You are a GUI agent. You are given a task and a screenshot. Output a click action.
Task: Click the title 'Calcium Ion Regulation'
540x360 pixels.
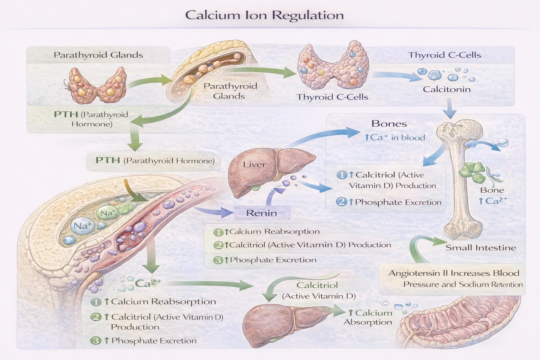[x=264, y=15]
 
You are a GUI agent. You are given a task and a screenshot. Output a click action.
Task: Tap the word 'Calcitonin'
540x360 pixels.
[x=446, y=89]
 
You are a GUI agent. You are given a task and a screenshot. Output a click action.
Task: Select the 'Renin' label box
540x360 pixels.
[x=262, y=213]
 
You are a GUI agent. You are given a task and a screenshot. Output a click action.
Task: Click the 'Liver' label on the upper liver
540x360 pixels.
[x=254, y=165]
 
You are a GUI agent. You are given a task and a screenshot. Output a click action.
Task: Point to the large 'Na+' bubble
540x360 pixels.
[x=82, y=226]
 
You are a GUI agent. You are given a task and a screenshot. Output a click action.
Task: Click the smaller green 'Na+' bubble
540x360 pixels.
[x=108, y=213]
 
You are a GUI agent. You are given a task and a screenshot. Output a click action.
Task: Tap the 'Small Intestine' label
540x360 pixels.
[x=481, y=247]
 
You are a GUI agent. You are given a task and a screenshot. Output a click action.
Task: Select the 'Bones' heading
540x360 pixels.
[x=389, y=124]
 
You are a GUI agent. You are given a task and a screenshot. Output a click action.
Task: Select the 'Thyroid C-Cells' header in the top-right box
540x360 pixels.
[x=444, y=55]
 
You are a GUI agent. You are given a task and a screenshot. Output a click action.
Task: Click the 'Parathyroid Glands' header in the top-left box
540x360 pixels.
[x=98, y=55]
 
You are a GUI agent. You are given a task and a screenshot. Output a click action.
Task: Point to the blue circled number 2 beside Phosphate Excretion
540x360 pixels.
[x=341, y=202]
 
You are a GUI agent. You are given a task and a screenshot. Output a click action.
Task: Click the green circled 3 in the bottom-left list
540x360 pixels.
[x=96, y=340]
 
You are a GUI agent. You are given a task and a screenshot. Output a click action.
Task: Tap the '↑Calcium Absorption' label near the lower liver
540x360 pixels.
[x=368, y=317]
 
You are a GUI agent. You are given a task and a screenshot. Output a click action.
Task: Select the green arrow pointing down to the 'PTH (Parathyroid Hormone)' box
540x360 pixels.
[x=135, y=141]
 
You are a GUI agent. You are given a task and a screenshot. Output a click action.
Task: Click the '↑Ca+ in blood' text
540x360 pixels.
[x=394, y=137]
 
